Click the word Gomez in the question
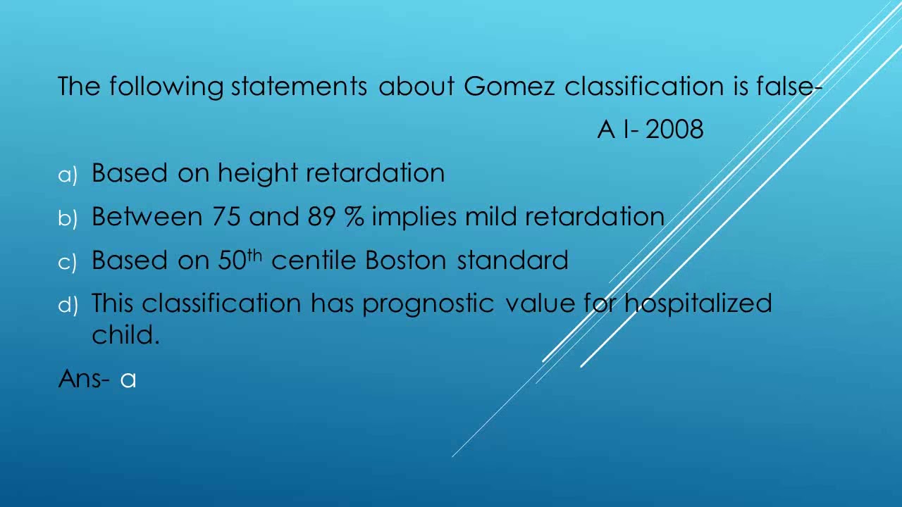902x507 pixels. click(x=510, y=86)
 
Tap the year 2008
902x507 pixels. click(x=674, y=130)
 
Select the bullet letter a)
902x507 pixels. click(x=67, y=175)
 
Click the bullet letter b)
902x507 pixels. click(x=67, y=218)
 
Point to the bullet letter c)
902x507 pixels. click(x=67, y=263)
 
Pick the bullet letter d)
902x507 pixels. click(x=67, y=306)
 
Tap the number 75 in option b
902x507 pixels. click(x=227, y=217)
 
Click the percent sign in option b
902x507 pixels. click(x=354, y=217)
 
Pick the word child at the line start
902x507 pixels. click(x=125, y=335)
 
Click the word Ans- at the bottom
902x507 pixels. click(x=84, y=379)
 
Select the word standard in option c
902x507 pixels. click(x=513, y=261)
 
